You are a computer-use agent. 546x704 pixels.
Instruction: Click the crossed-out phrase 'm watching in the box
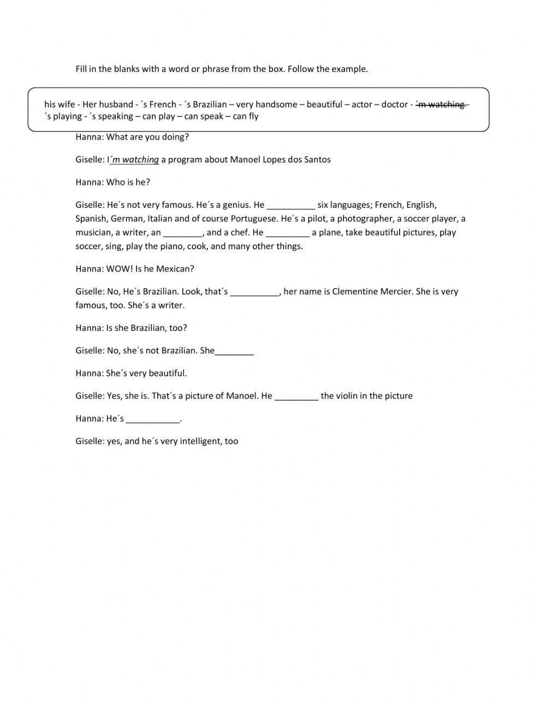pyautogui.click(x=441, y=104)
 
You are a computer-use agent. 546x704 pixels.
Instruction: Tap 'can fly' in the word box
pyautogui.click(x=246, y=116)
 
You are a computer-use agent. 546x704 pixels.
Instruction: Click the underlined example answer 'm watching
pyautogui.click(x=135, y=160)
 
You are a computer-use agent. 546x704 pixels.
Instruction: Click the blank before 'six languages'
pyautogui.click(x=291, y=206)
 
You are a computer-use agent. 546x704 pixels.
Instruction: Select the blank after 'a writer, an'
pyautogui.click(x=183, y=233)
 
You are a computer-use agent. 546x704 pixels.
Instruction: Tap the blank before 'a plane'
pyautogui.click(x=288, y=233)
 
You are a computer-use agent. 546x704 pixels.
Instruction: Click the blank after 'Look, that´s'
pyautogui.click(x=255, y=292)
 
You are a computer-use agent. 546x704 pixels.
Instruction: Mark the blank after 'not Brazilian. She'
pyautogui.click(x=235, y=351)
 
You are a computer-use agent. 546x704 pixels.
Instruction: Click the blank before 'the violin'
pyautogui.click(x=296, y=396)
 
